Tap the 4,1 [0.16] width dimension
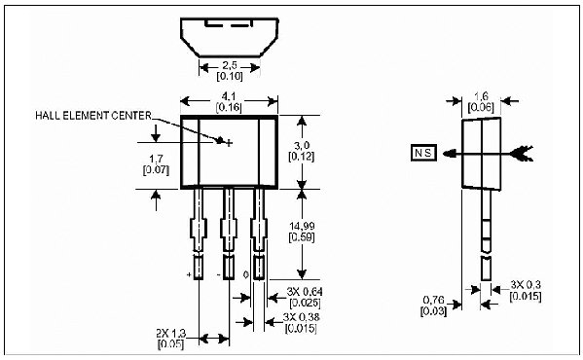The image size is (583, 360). pyautogui.click(x=229, y=100)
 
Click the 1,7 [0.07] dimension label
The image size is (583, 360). pyautogui.click(x=157, y=162)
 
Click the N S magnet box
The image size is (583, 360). pyautogui.click(x=425, y=153)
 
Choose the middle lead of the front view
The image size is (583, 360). pyautogui.click(x=230, y=234)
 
